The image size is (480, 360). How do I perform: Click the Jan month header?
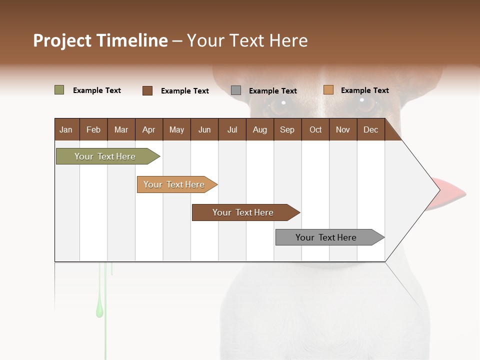pos(66,130)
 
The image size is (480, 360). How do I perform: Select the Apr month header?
pos(148,130)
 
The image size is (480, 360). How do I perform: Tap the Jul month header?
pos(232,130)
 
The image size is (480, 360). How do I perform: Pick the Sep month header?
pos(287,130)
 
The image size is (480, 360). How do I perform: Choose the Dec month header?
pos(370,130)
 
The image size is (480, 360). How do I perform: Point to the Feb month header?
pos(93,130)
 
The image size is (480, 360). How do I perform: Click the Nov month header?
pos(342,130)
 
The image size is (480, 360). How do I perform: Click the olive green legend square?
pos(59,90)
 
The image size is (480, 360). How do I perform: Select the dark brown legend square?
pos(147,90)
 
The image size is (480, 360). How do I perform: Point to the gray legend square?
pos(236,90)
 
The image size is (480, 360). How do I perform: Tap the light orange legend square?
pos(328,90)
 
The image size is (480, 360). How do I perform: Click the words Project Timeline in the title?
pos(100,40)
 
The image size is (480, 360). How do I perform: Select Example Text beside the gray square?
pos(272,91)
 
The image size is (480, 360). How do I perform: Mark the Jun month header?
pos(204,130)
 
